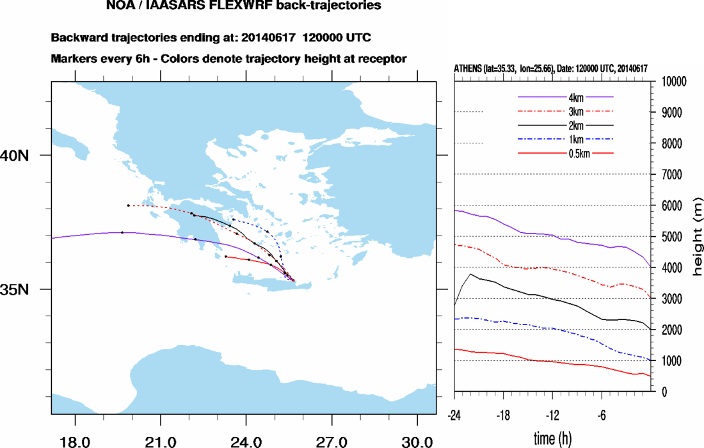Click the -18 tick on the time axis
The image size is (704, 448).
(x=504, y=413)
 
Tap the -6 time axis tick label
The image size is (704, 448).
(x=602, y=413)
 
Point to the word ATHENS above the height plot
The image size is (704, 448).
(x=469, y=68)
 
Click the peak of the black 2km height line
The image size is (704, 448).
(x=470, y=274)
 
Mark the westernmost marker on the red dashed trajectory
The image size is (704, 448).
(x=129, y=205)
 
